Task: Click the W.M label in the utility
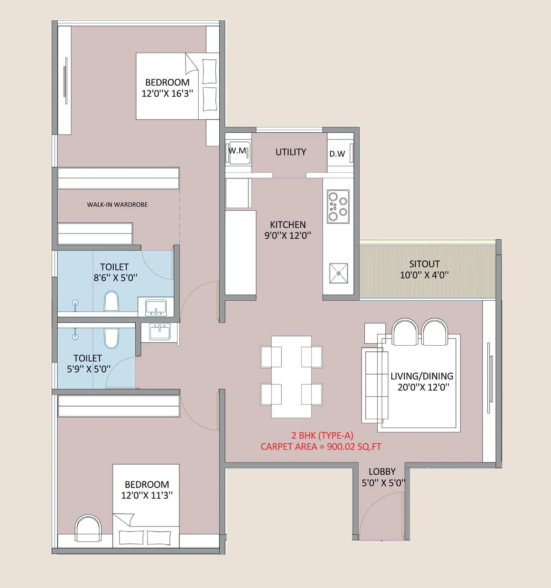tap(238, 151)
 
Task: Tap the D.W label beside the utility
tap(337, 154)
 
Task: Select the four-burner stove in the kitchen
tap(338, 206)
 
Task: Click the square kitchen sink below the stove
tap(339, 273)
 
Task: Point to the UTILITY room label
tap(291, 152)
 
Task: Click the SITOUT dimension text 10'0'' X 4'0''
tap(424, 275)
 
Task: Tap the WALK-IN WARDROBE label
tap(117, 205)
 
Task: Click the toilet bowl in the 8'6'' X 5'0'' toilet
tap(111, 301)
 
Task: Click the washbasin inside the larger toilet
tap(156, 307)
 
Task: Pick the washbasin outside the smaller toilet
tap(159, 332)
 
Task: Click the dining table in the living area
tap(291, 376)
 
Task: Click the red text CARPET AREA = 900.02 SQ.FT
tap(321, 447)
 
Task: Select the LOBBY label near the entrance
tap(382, 472)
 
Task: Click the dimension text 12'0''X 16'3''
tap(167, 94)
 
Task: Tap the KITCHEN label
tap(288, 225)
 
